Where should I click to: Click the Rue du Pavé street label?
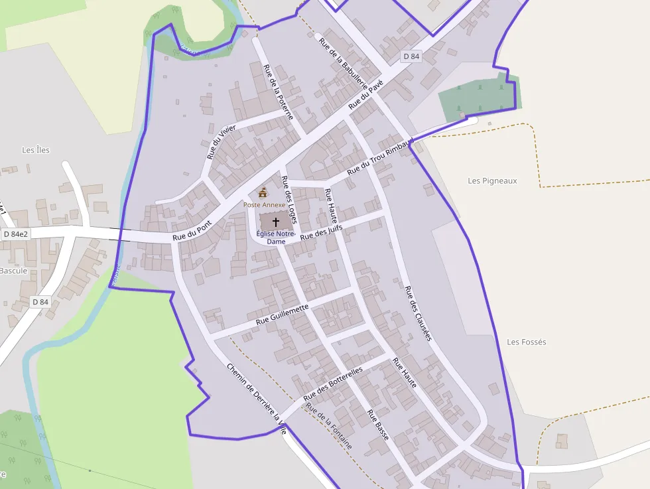coord(366,94)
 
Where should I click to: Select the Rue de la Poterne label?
coord(278,92)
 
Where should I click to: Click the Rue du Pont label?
coord(192,230)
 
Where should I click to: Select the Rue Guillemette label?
coord(283,314)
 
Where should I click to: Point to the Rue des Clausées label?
coord(418,313)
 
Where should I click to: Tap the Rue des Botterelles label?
coord(333,384)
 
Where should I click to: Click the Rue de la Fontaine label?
coord(329,425)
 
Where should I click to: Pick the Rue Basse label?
coord(378,425)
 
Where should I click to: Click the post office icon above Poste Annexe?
coord(263,193)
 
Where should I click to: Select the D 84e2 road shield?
coord(16,234)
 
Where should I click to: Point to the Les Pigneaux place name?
coord(492,180)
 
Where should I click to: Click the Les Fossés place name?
coord(526,342)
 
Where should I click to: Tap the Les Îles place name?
coord(36,150)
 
